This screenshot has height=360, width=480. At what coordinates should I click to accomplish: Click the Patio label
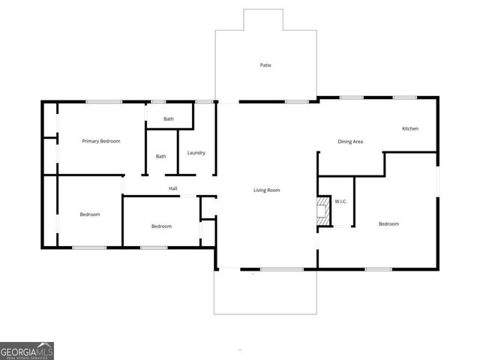(265, 65)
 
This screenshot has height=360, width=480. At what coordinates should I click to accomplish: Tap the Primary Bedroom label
(101, 141)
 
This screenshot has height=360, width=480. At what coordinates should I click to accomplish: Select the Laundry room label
(196, 153)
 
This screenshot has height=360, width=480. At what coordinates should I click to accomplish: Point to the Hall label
(172, 188)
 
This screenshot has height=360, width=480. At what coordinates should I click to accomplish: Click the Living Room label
(266, 190)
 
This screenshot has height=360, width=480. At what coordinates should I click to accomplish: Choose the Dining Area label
(350, 141)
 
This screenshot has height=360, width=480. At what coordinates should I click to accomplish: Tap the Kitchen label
(410, 129)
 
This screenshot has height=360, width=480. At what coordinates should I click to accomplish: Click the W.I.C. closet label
(340, 202)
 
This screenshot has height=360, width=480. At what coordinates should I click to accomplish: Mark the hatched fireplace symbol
(322, 211)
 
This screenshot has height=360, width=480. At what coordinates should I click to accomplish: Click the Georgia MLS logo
(27, 351)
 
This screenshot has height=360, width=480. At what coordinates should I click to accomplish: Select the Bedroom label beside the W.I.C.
(388, 224)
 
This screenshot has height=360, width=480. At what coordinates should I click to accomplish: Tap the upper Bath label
(169, 119)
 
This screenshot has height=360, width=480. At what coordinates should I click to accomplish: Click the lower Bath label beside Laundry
(161, 156)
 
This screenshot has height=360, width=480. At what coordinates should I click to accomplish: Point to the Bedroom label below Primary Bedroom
(90, 214)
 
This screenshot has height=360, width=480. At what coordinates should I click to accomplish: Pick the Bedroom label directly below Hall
(161, 226)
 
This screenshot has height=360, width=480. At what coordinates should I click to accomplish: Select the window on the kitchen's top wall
(405, 97)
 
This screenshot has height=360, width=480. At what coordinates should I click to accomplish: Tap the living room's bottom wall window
(281, 269)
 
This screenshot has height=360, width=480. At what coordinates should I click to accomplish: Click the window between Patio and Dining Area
(296, 102)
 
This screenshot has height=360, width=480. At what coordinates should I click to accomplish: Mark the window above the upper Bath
(158, 102)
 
